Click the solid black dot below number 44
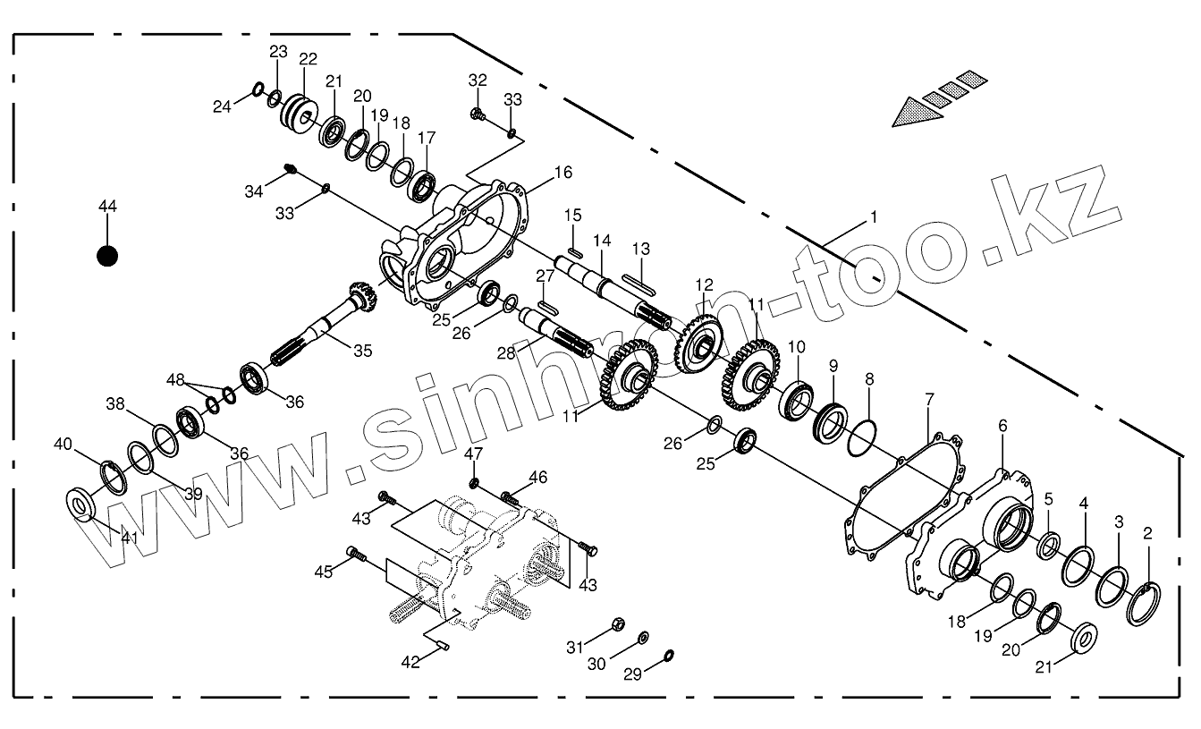click(107, 257)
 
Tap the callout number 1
click(874, 216)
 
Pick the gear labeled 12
click(699, 340)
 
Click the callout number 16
click(562, 172)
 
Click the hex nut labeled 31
click(618, 623)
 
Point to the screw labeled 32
click(478, 114)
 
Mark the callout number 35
click(362, 351)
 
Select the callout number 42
click(410, 662)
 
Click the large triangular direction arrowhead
click(916, 112)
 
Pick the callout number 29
click(632, 675)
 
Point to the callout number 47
click(473, 454)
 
